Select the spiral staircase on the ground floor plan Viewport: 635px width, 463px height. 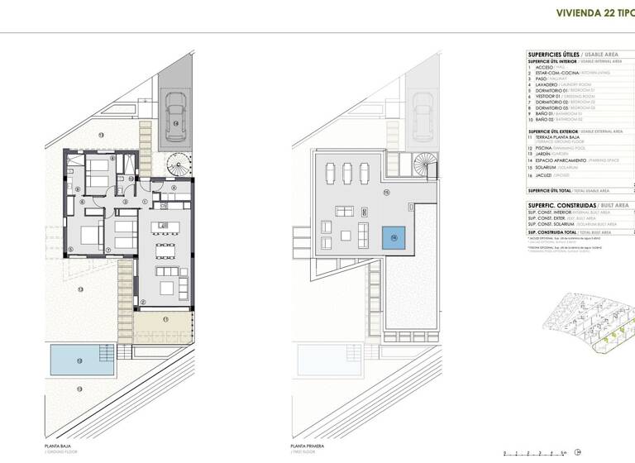[x=178, y=164]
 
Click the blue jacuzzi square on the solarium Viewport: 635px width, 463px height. [x=393, y=237]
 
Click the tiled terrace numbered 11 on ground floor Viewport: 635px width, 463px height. [x=164, y=329]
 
